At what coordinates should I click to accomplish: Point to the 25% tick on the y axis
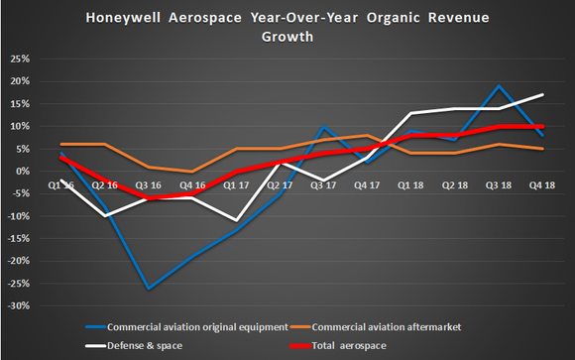(x=17, y=58)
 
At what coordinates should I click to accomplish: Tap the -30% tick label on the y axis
(x=17, y=306)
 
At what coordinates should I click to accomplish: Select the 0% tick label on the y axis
(x=21, y=171)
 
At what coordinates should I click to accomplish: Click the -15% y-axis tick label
(x=17, y=239)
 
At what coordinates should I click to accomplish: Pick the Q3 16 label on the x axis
(x=149, y=183)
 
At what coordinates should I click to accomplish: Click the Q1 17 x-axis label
(x=234, y=183)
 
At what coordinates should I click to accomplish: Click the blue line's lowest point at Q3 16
(x=149, y=289)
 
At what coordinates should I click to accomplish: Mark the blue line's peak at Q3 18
(x=497, y=85)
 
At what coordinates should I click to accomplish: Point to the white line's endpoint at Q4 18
(x=540, y=94)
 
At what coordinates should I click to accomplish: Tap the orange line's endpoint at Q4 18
(x=540, y=149)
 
